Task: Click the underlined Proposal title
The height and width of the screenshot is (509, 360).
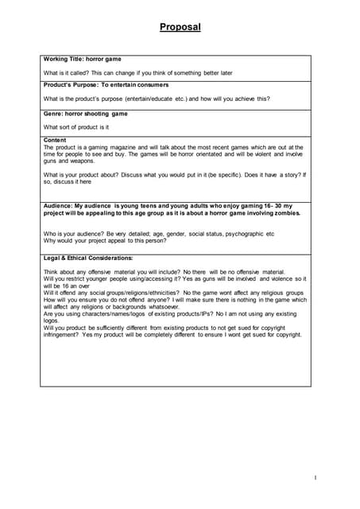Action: point(180,27)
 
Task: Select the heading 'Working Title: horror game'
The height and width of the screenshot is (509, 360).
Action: point(83,60)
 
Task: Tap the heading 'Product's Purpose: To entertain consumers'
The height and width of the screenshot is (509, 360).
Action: point(106,84)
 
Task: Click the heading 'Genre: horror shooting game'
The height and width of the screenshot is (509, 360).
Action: point(86,114)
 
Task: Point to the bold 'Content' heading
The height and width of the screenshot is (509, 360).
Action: point(56,140)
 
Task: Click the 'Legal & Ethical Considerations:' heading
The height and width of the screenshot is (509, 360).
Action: point(88,258)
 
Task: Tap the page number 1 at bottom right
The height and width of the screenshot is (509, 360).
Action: point(315,477)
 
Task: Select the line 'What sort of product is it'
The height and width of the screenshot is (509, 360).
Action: point(76,127)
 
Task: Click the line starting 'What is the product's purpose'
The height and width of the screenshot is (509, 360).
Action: point(157,99)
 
